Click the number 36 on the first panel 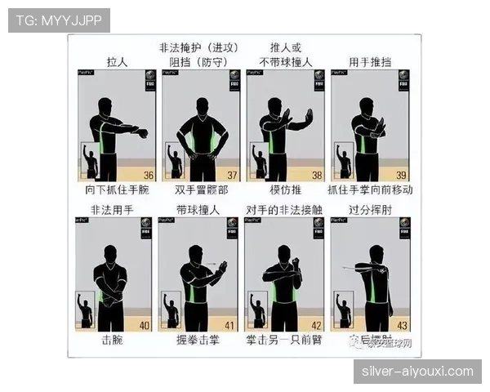pos(149,176)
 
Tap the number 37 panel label pos(233,176)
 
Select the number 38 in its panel pos(317,176)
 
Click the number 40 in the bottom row pos(145,325)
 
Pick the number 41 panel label pos(230,325)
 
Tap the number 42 pos(316,325)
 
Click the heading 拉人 pos(118,62)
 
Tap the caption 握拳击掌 pos(198,340)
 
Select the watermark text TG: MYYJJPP pos(59,20)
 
